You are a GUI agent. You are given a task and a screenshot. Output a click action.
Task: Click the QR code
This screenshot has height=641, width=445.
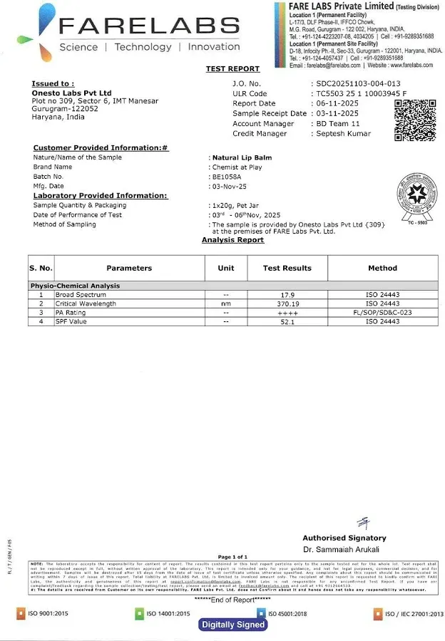(x=415, y=120)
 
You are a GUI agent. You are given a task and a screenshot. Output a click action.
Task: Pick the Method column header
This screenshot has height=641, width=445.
(x=382, y=268)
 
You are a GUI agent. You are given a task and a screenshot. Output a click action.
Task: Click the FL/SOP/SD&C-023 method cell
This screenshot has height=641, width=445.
(x=382, y=313)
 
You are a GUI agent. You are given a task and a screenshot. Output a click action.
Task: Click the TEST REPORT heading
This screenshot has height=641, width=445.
(x=232, y=69)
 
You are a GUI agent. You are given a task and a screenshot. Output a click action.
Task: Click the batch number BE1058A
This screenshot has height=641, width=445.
(x=227, y=176)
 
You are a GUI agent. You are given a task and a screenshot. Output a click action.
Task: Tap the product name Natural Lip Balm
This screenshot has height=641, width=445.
(x=242, y=157)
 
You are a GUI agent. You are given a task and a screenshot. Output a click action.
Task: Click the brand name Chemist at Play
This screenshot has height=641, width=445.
(x=237, y=167)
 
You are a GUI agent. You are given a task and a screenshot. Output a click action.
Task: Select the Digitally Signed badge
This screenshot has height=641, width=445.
(x=233, y=625)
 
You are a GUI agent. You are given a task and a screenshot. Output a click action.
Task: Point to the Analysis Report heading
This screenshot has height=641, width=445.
(x=232, y=240)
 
